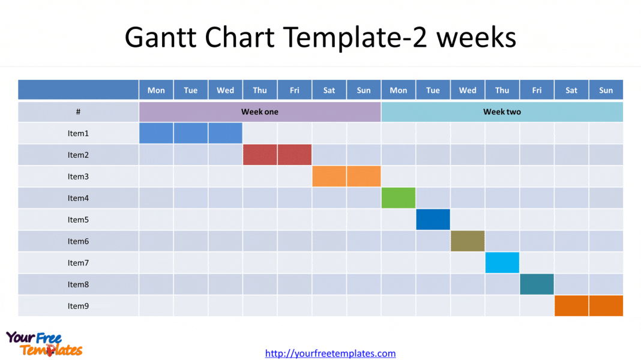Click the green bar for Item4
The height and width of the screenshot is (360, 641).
pos(398,198)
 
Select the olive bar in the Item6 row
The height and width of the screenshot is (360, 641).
pos(468,241)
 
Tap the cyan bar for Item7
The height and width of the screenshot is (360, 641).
pos(502,263)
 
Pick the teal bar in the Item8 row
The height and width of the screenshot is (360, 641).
pos(537,284)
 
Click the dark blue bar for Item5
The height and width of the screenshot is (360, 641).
pos(433,220)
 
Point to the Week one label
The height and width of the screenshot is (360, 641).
pos(260,112)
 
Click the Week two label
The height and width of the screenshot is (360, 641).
pos(502,112)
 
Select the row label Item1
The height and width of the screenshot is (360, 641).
pos(78,133)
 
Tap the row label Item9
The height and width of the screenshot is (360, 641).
pos(78,306)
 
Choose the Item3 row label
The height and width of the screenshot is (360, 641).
pos(78,176)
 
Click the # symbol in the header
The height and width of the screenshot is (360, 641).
pos(78,112)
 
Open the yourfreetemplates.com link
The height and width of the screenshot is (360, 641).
pos(330,353)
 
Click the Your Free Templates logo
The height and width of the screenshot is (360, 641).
pos(44,344)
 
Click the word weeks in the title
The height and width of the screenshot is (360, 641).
pos(477,37)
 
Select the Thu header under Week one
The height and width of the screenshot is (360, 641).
pos(260,91)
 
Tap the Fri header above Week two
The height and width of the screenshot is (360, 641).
pos(537,91)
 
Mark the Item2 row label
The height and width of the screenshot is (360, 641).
pos(78,155)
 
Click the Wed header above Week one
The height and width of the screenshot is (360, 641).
pos(225,91)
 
